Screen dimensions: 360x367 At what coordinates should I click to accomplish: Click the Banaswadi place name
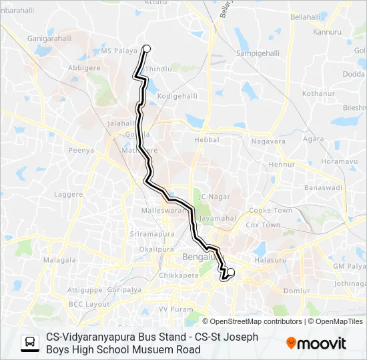pos(323,188)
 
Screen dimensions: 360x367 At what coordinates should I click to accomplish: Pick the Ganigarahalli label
pos(49,39)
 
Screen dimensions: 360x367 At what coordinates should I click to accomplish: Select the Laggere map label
pos(69,195)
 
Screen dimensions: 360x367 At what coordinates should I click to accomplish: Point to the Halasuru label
pos(270,259)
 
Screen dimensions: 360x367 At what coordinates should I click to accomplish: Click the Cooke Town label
pos(270,210)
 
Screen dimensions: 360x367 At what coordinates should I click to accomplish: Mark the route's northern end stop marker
pos(147,47)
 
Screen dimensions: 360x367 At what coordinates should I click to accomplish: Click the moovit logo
pos(316,343)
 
